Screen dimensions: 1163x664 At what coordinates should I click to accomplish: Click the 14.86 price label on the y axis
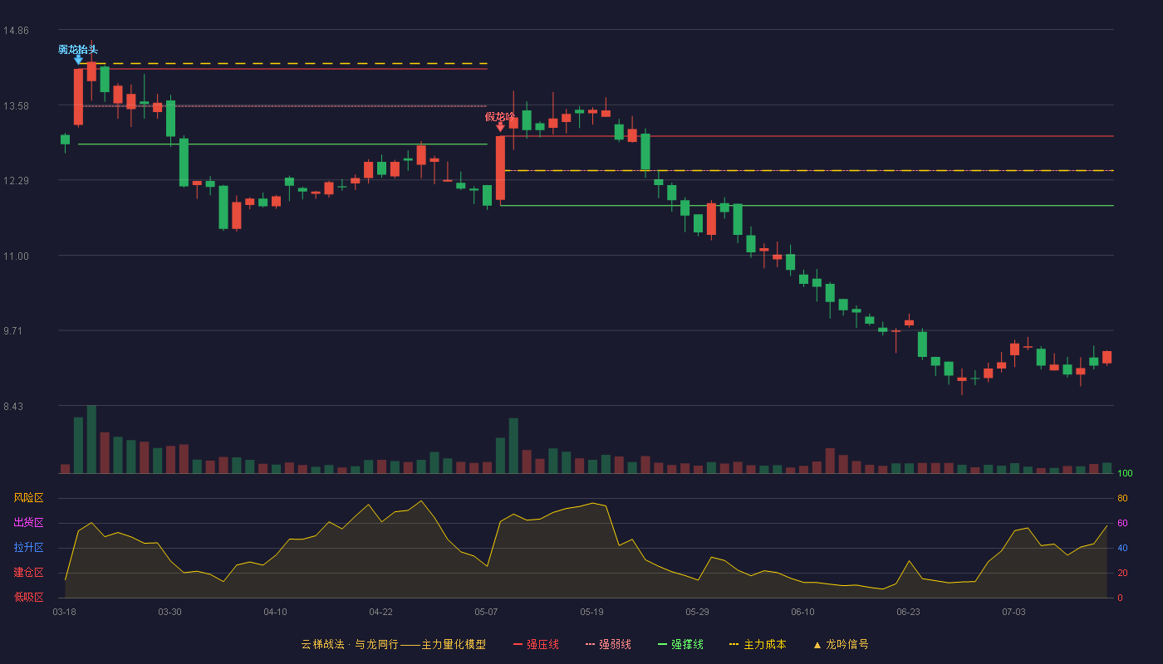point(16,31)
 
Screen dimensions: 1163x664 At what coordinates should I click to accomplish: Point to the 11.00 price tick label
point(16,256)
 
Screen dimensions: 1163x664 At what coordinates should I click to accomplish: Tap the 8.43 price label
point(13,407)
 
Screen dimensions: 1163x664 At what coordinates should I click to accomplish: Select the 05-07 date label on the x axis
point(486,613)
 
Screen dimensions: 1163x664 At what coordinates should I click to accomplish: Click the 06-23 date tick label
point(908,613)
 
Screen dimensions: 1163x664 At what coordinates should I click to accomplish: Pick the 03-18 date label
point(65,613)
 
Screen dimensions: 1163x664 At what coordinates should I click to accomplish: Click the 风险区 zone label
point(28,498)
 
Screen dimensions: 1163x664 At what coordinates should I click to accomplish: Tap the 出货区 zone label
point(28,522)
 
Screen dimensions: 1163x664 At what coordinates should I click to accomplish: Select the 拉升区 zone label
point(28,547)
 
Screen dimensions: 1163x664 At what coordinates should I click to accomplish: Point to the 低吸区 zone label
point(28,597)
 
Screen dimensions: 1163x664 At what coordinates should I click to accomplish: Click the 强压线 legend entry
point(536,645)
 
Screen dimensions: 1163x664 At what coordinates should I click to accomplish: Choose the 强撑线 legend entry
point(680,645)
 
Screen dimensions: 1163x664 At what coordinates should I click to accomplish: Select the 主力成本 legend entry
point(758,645)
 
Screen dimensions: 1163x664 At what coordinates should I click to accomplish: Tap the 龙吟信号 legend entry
point(841,645)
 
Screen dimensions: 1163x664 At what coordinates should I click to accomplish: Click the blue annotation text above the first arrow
point(78,50)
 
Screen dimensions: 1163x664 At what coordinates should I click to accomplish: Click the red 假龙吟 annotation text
point(499,117)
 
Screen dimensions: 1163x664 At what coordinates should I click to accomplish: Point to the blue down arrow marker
point(78,60)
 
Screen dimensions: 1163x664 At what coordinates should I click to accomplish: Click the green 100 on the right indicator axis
point(1125,473)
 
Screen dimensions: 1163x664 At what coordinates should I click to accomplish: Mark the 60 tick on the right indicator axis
point(1122,523)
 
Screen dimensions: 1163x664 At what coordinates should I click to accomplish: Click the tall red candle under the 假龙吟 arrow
point(500,168)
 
